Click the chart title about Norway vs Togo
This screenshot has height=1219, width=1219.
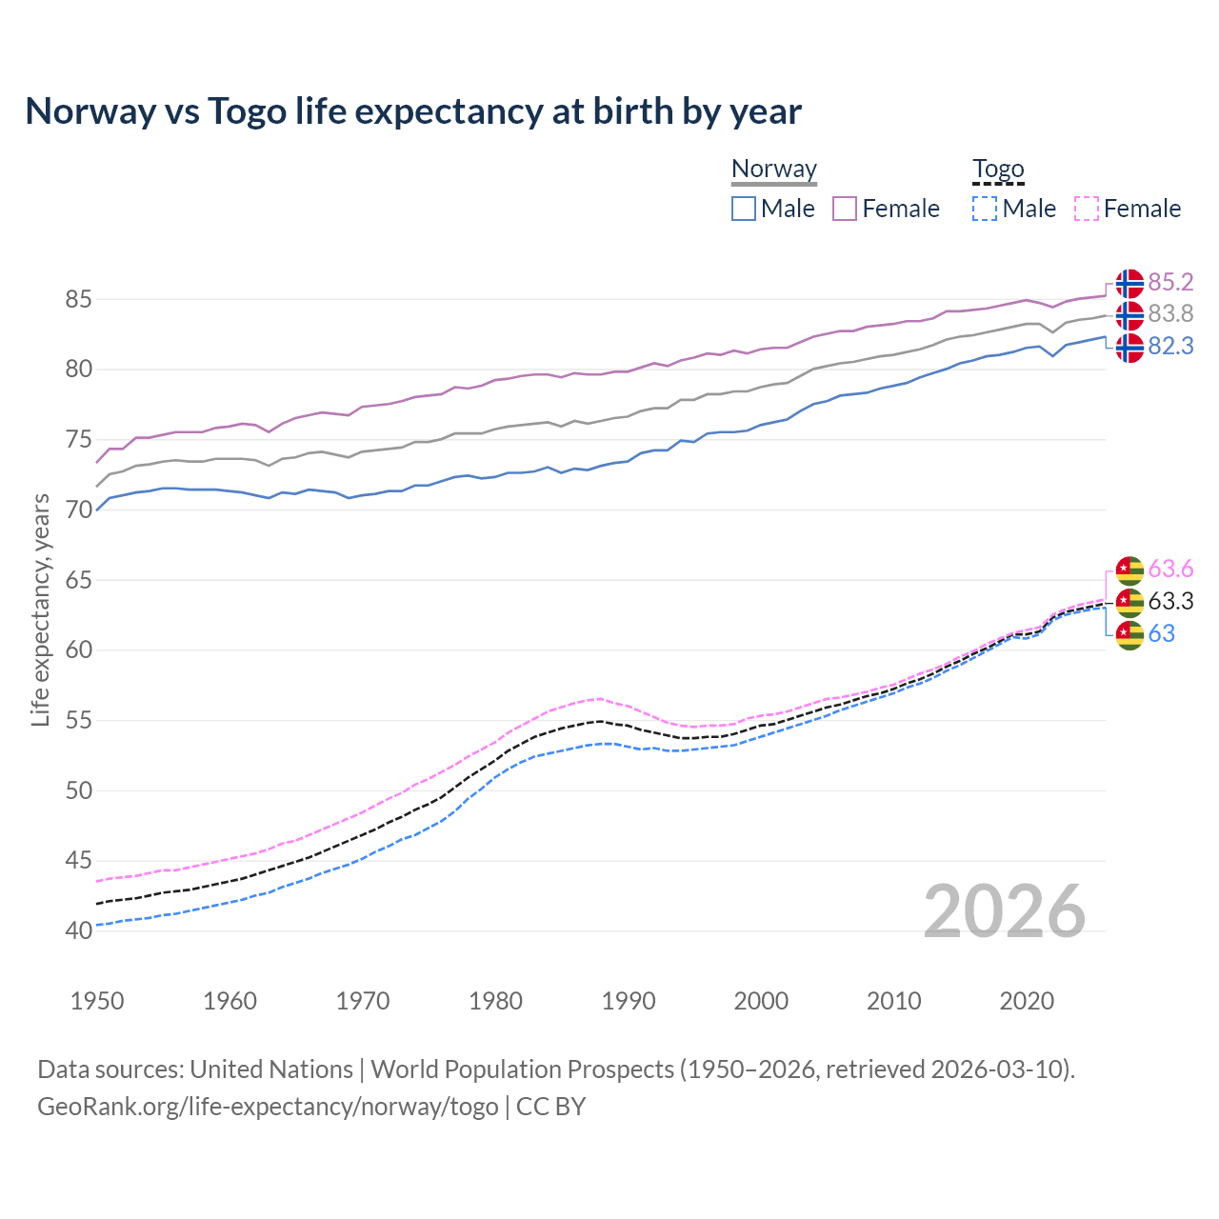(x=413, y=111)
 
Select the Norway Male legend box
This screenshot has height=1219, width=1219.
(x=744, y=209)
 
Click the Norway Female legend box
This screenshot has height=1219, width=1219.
(x=845, y=209)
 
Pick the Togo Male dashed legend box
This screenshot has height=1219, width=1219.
(x=985, y=209)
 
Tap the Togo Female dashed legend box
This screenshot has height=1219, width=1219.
(x=1086, y=209)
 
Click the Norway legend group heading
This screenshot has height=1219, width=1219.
(x=774, y=170)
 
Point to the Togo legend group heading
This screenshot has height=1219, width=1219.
(x=997, y=170)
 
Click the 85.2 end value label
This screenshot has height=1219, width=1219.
(x=1170, y=282)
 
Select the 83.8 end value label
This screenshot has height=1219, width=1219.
(x=1170, y=313)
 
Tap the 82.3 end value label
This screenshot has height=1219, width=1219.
(x=1170, y=346)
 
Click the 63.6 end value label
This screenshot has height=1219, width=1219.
(x=1170, y=569)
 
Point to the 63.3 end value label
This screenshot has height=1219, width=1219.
(x=1170, y=601)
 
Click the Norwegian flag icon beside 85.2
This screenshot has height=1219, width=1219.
(x=1129, y=283)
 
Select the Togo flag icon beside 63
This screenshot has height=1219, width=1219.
(x=1129, y=634)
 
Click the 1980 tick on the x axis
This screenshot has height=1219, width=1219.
(x=495, y=1001)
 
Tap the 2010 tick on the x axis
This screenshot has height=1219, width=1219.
(x=893, y=1001)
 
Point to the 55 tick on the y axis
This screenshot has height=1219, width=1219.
(x=78, y=721)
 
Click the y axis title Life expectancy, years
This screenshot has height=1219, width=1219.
(x=40, y=609)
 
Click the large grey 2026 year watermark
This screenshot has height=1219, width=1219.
(x=1004, y=912)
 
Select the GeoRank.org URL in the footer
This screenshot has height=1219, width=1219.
(x=268, y=1107)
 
